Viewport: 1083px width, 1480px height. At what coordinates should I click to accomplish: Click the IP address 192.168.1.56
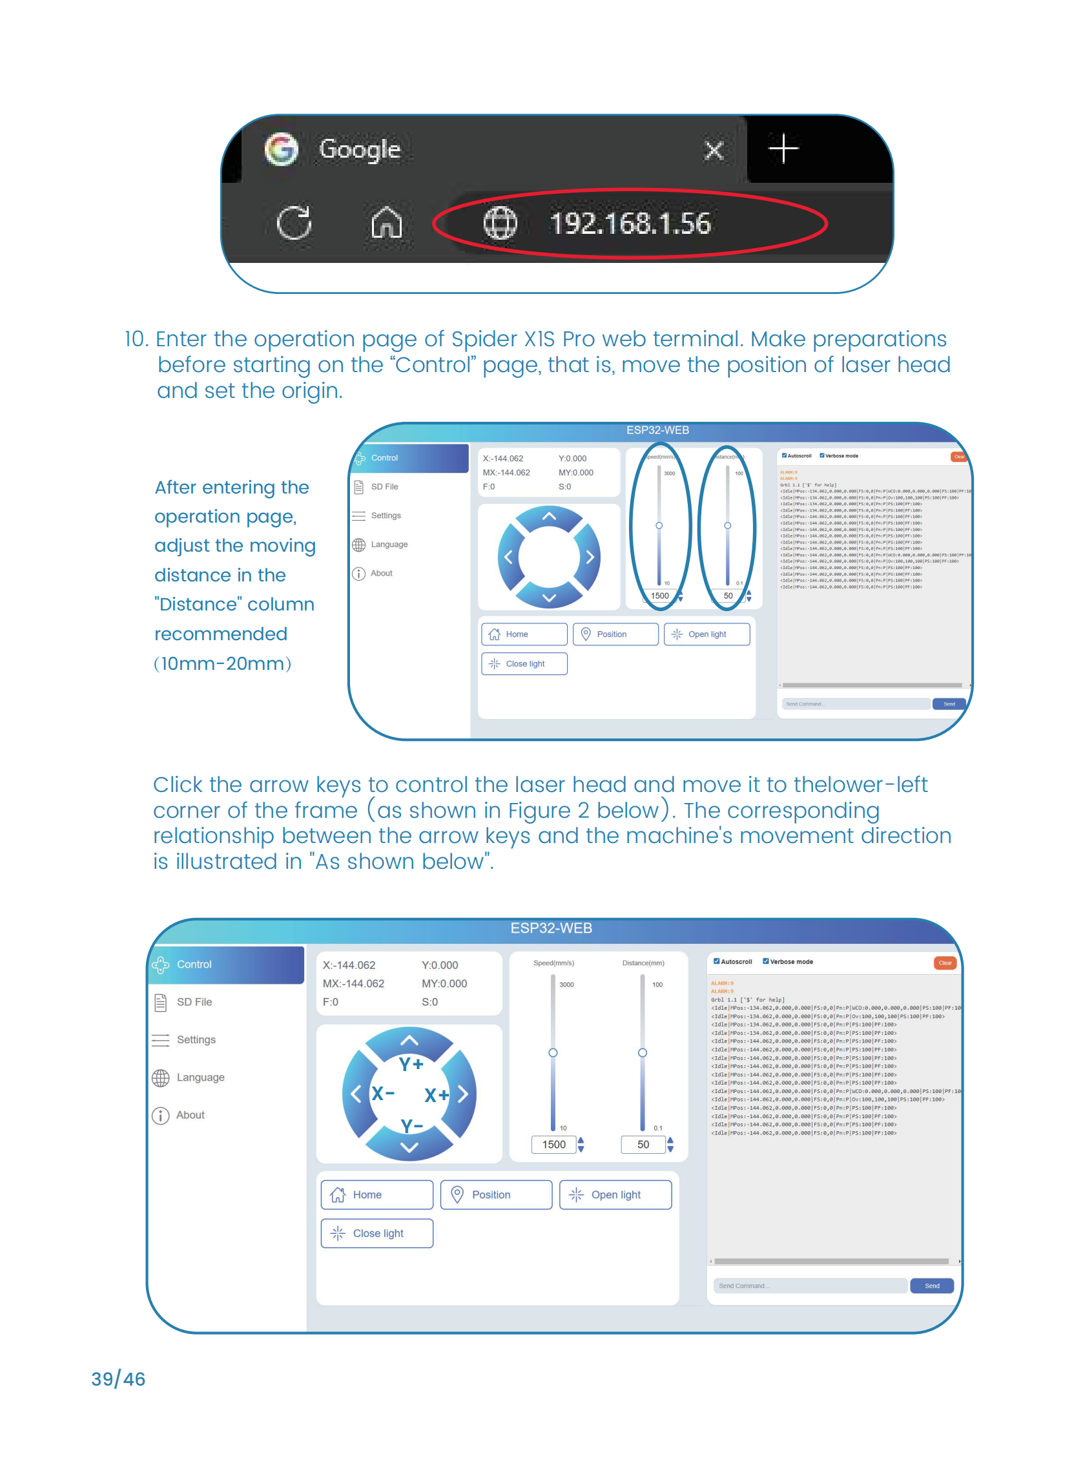click(x=630, y=224)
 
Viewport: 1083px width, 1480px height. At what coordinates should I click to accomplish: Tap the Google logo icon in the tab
click(x=281, y=149)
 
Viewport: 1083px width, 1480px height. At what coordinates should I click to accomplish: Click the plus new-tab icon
click(x=783, y=148)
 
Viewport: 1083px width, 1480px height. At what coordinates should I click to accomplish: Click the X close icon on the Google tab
click(x=713, y=150)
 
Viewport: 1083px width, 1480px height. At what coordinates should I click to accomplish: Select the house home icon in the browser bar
click(x=386, y=222)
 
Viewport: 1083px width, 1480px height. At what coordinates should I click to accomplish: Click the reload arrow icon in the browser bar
click(x=294, y=223)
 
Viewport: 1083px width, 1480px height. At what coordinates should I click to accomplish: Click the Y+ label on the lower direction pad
click(x=411, y=1063)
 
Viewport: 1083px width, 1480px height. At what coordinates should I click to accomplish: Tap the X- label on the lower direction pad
click(x=383, y=1093)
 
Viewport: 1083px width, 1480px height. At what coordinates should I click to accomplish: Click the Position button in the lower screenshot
click(x=495, y=1194)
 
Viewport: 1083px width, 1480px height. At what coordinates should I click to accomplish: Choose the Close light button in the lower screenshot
click(x=377, y=1233)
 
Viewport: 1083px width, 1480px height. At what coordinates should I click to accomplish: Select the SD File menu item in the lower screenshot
click(x=194, y=1001)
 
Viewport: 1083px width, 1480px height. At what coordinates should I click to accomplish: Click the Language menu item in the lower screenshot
click(x=200, y=1077)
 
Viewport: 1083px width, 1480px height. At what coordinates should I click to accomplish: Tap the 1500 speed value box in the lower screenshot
click(x=553, y=1144)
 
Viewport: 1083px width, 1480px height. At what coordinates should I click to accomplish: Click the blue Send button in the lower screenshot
click(x=932, y=1286)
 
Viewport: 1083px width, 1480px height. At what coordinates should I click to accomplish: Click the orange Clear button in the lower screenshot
click(x=944, y=963)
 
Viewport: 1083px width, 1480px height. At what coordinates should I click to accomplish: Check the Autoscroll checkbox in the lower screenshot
click(x=717, y=961)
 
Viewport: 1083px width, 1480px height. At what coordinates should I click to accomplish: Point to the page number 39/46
click(x=118, y=1379)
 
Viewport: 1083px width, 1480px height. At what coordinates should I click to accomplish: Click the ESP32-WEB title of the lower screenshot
click(x=551, y=928)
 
